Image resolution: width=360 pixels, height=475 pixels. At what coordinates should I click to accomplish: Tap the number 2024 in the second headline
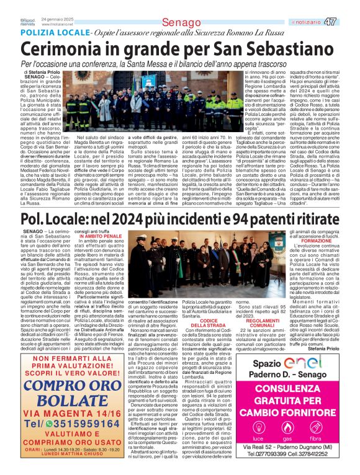[x=130, y=219]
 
